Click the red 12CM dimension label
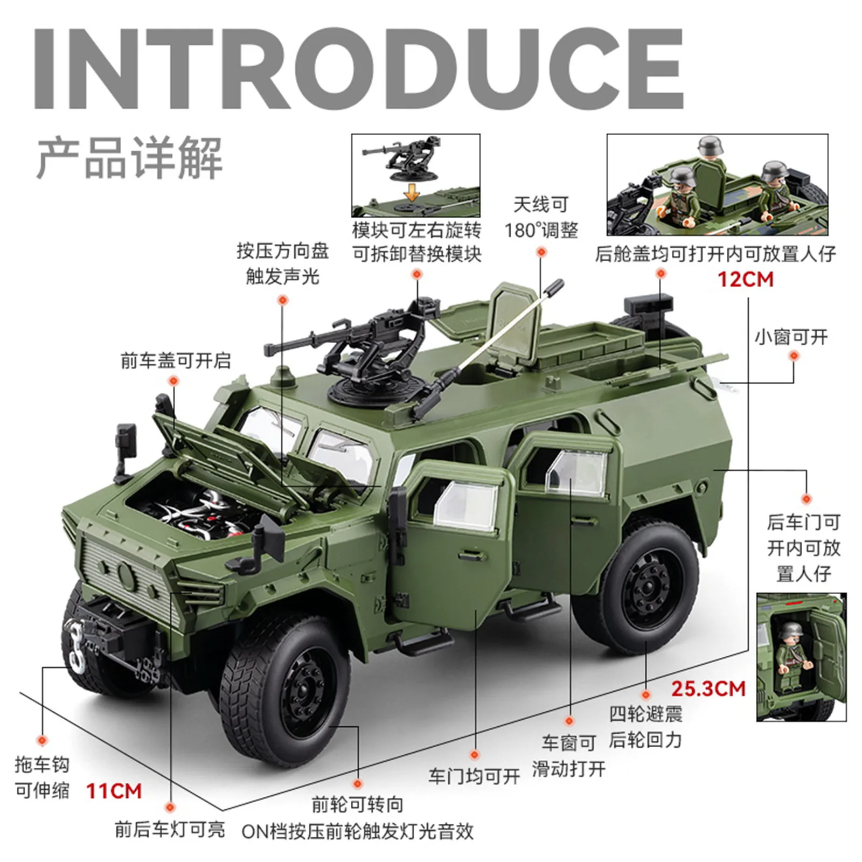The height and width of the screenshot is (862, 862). pos(745,280)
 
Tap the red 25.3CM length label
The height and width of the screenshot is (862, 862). pos(708,689)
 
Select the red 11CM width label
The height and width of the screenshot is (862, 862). pos(114,791)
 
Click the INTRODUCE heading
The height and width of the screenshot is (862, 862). pos(358,68)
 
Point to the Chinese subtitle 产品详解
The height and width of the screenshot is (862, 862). pos(129,158)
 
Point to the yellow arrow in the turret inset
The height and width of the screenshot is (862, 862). pos(412,192)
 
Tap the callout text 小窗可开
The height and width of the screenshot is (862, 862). pos(791,337)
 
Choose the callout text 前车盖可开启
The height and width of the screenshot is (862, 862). pos(176,360)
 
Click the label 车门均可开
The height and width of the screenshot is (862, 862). pos(474,776)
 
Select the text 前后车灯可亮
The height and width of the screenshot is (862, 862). pos(170,829)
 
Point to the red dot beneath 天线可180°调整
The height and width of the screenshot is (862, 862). pos(541,252)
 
